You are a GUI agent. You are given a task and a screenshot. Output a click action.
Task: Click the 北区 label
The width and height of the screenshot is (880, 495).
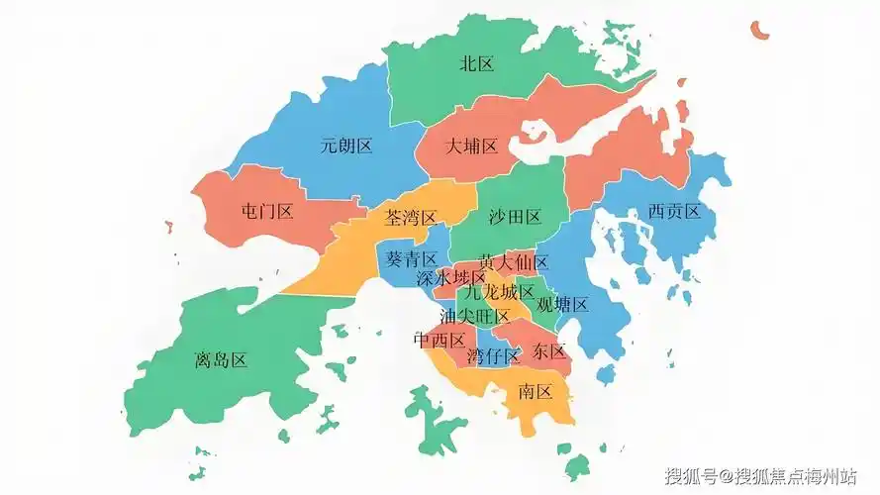pyautogui.click(x=476, y=64)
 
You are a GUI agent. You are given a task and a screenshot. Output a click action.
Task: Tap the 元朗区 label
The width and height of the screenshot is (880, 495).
pyautogui.click(x=346, y=146)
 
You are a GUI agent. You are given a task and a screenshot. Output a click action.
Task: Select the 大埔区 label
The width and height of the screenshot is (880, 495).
pyautogui.click(x=470, y=146)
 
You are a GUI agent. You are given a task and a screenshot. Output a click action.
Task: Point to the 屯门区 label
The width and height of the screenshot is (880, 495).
pyautogui.click(x=267, y=211)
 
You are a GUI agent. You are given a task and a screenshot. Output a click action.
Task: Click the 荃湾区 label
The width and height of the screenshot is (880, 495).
pyautogui.click(x=410, y=217)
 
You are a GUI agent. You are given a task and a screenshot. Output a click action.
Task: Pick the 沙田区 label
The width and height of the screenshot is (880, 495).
pyautogui.click(x=515, y=217)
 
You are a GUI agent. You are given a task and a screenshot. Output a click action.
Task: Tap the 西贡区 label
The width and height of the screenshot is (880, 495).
pyautogui.click(x=674, y=211)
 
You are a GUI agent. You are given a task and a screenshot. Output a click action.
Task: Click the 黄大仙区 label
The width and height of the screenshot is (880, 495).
pyautogui.click(x=513, y=262)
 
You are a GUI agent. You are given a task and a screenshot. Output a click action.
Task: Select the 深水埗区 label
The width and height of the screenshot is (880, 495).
pyautogui.click(x=450, y=278)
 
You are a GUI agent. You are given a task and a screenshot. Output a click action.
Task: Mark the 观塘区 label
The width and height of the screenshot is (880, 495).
pyautogui.click(x=562, y=304)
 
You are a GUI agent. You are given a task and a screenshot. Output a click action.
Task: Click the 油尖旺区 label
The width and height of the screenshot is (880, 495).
pyautogui.click(x=475, y=317)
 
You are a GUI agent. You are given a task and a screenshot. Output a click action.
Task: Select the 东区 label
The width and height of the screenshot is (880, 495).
pyautogui.click(x=548, y=351)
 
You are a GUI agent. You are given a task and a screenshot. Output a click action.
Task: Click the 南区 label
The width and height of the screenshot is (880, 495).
pyautogui.click(x=535, y=392)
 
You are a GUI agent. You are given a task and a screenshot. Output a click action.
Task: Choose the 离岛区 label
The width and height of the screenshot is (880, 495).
pyautogui.click(x=221, y=360)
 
